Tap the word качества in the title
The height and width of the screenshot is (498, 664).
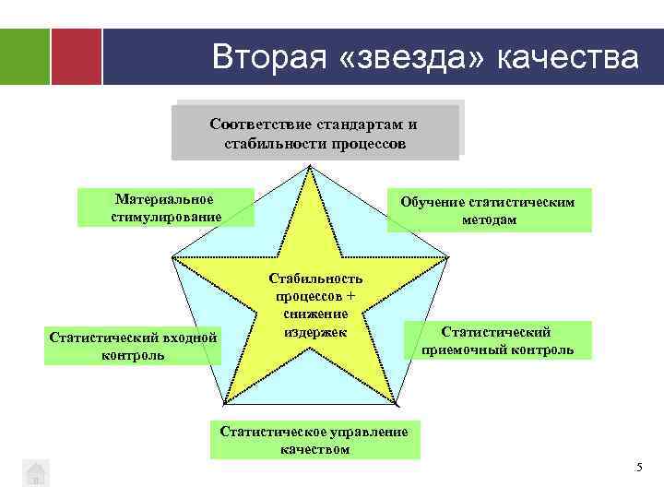click(567, 57)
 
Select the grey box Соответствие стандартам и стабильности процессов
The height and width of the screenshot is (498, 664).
click(314, 134)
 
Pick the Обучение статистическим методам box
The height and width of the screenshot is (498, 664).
click(489, 210)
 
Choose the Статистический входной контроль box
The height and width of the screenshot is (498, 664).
click(134, 346)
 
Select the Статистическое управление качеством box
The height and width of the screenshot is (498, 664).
click(314, 440)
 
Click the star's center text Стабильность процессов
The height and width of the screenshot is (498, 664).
click(316, 288)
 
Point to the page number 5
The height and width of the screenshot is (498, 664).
click(639, 468)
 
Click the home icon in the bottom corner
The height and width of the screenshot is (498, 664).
click(35, 472)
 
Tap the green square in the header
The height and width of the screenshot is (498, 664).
click(25, 56)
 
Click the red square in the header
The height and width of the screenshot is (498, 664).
click(76, 56)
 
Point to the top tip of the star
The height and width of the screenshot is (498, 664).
click(311, 168)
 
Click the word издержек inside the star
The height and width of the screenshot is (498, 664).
click(316, 329)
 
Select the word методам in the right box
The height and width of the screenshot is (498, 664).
click(489, 219)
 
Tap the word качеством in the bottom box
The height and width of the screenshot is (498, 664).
click(314, 449)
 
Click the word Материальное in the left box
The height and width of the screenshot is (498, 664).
click(164, 199)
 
